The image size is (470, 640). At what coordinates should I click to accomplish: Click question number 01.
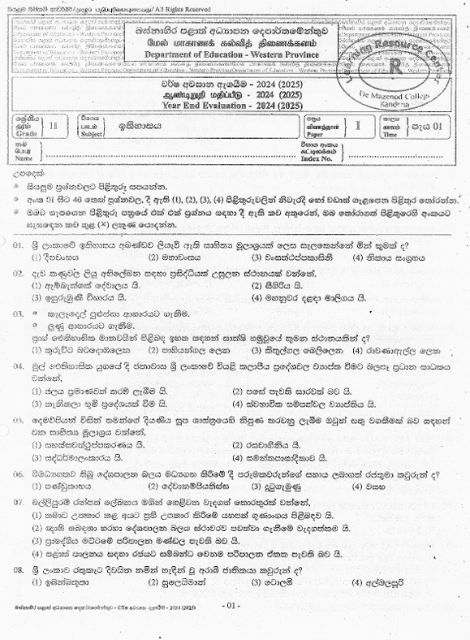pyautogui.click(x=19, y=244)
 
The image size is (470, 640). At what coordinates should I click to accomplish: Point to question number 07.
pyautogui.click(x=19, y=501)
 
